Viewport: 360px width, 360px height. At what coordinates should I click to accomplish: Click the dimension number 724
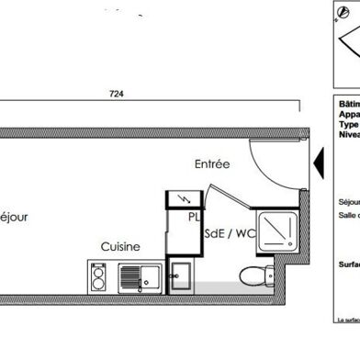(x=117, y=93)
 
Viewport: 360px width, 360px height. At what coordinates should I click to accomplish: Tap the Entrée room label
(x=211, y=164)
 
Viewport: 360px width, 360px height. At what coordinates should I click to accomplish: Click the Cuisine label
(x=120, y=246)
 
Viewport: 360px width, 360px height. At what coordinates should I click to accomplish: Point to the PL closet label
(x=195, y=218)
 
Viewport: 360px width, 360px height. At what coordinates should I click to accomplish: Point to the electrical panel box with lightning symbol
(x=181, y=200)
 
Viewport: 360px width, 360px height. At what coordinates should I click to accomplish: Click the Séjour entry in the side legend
(x=348, y=200)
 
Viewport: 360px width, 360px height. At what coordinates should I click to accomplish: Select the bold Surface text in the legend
(x=348, y=262)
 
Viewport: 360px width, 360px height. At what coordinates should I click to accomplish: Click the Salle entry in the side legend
(x=348, y=214)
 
